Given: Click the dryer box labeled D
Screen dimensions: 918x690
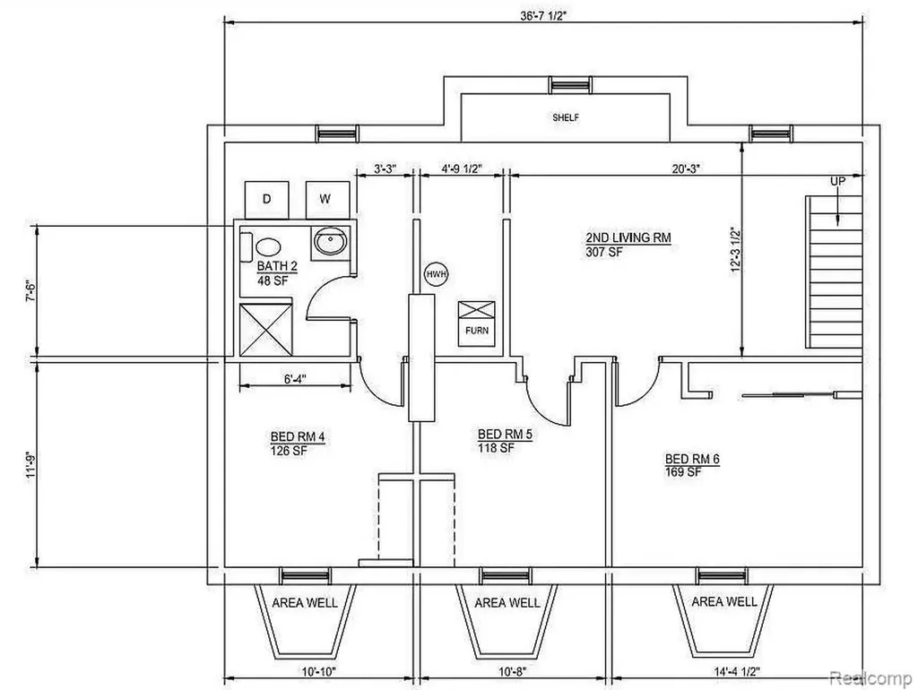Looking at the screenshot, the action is (x=266, y=200).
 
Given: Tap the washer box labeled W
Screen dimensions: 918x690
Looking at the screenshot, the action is (x=327, y=200).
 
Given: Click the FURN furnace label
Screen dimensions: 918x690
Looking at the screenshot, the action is (x=477, y=330).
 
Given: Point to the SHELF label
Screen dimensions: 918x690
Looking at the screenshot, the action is (x=566, y=117).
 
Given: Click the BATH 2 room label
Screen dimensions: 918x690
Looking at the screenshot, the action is (x=277, y=266).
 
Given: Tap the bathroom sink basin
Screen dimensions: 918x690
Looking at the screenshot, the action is (x=331, y=240).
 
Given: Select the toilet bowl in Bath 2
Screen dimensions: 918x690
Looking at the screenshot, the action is (x=268, y=246).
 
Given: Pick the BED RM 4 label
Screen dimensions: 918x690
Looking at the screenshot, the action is (x=298, y=436).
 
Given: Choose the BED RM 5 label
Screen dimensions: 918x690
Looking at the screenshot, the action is (x=505, y=435).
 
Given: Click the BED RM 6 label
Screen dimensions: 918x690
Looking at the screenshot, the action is (x=692, y=459).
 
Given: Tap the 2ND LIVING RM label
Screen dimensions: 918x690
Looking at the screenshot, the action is (x=628, y=237).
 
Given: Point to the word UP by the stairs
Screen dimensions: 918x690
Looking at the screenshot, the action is (x=838, y=181).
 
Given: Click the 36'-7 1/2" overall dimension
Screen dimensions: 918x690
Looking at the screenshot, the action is (x=543, y=16).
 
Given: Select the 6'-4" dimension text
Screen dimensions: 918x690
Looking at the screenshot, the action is (x=296, y=379).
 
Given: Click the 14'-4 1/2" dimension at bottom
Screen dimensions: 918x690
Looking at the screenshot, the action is (x=737, y=671).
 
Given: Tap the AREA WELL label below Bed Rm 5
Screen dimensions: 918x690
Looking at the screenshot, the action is (x=507, y=603).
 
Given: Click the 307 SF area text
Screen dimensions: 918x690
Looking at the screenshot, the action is (x=604, y=252).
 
